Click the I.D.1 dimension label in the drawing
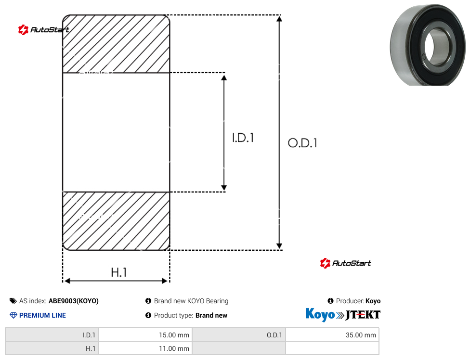click(x=243, y=138)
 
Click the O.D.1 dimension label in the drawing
click(x=302, y=143)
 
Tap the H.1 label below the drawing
click(x=119, y=272)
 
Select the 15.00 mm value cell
click(x=145, y=335)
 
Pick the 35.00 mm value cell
click(x=332, y=335)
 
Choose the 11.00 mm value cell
click(x=145, y=348)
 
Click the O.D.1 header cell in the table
click(x=239, y=335)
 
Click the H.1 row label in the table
click(x=52, y=348)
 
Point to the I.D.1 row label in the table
click(x=52, y=335)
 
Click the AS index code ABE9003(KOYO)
click(x=73, y=301)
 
